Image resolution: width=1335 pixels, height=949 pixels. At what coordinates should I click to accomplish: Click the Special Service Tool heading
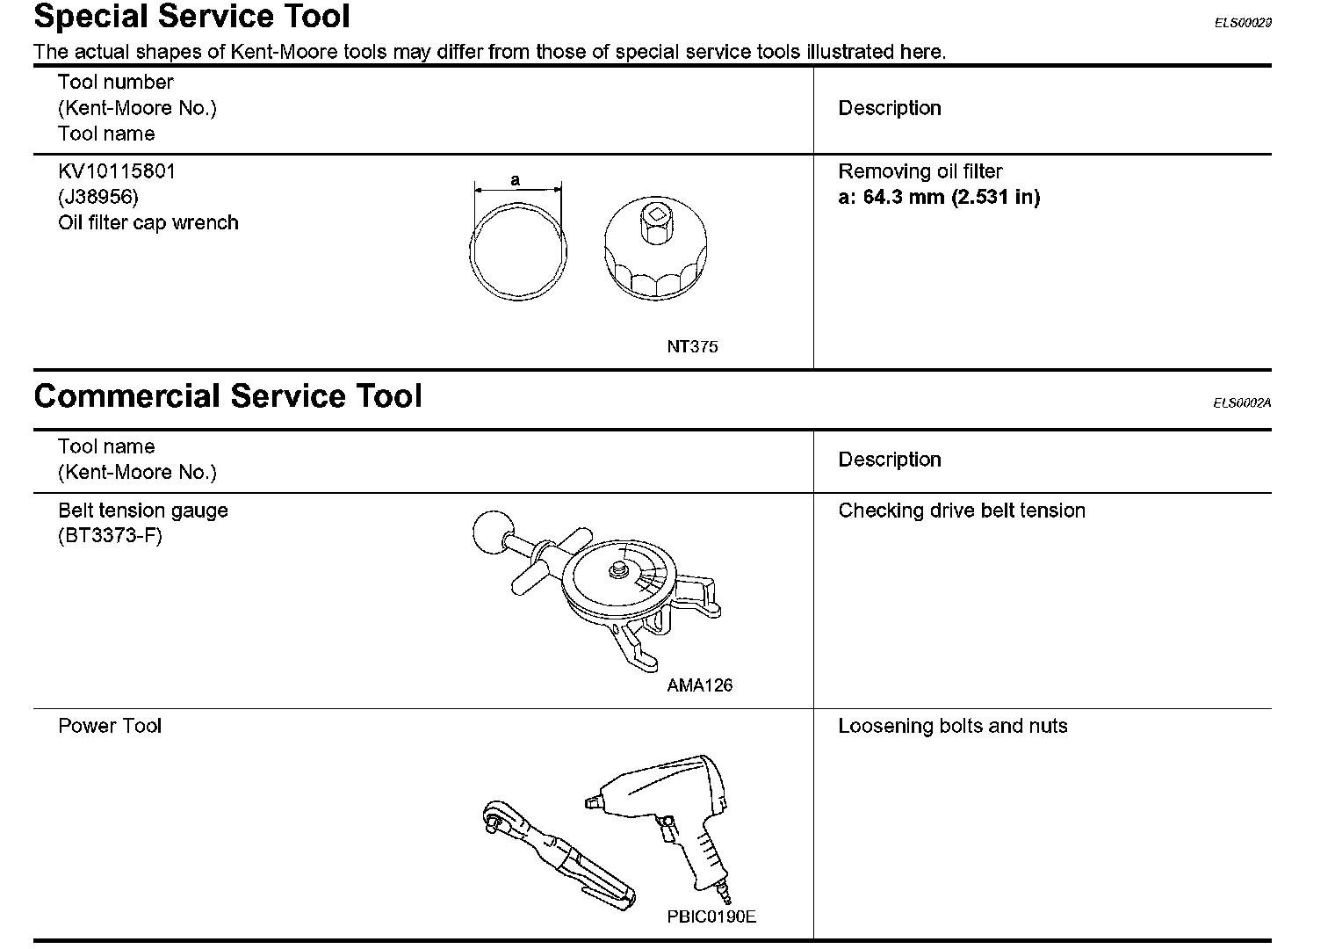click(x=191, y=17)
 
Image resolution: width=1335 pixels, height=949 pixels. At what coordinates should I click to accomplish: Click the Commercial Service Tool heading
click(x=227, y=396)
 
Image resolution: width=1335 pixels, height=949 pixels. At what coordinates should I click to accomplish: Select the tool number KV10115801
click(x=117, y=171)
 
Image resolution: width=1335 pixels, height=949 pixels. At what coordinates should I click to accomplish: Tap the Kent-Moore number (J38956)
click(x=98, y=197)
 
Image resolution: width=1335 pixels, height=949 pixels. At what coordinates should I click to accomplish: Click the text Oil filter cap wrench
click(x=148, y=222)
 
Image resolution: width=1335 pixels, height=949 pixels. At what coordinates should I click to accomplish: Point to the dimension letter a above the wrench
click(x=516, y=180)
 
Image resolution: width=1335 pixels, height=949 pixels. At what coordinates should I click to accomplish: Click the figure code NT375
click(x=692, y=347)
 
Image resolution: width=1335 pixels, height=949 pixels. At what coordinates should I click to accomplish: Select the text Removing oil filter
click(x=920, y=171)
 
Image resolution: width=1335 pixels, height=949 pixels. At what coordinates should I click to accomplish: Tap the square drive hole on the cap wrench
click(x=655, y=214)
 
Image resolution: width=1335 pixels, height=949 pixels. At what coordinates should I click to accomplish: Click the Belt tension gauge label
click(x=143, y=511)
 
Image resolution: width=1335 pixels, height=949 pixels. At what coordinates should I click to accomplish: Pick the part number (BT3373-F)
click(x=110, y=536)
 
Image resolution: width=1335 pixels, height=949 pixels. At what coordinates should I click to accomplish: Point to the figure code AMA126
click(x=699, y=685)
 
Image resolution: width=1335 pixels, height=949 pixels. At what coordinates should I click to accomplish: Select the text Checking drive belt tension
click(x=962, y=511)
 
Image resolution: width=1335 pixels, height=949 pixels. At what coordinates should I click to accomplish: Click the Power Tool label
click(x=110, y=726)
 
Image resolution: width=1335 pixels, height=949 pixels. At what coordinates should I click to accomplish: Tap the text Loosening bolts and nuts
click(x=953, y=726)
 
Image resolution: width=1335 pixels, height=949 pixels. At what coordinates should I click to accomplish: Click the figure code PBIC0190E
click(x=711, y=917)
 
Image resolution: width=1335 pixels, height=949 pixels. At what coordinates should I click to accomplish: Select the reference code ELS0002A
click(x=1242, y=403)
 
